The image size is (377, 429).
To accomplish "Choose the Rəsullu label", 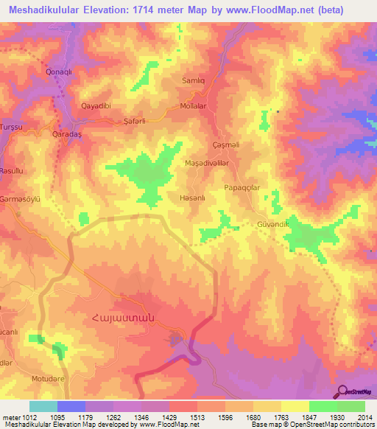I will tap(13, 170).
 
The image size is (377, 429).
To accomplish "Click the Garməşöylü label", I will tap(18, 199).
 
